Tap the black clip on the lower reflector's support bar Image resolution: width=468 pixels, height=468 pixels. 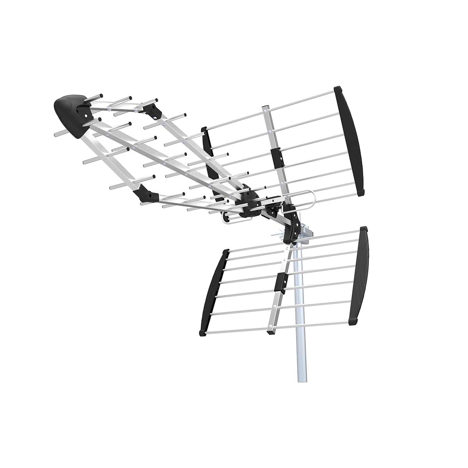(280, 282)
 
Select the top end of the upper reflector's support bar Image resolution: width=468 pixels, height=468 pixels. (265, 107)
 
